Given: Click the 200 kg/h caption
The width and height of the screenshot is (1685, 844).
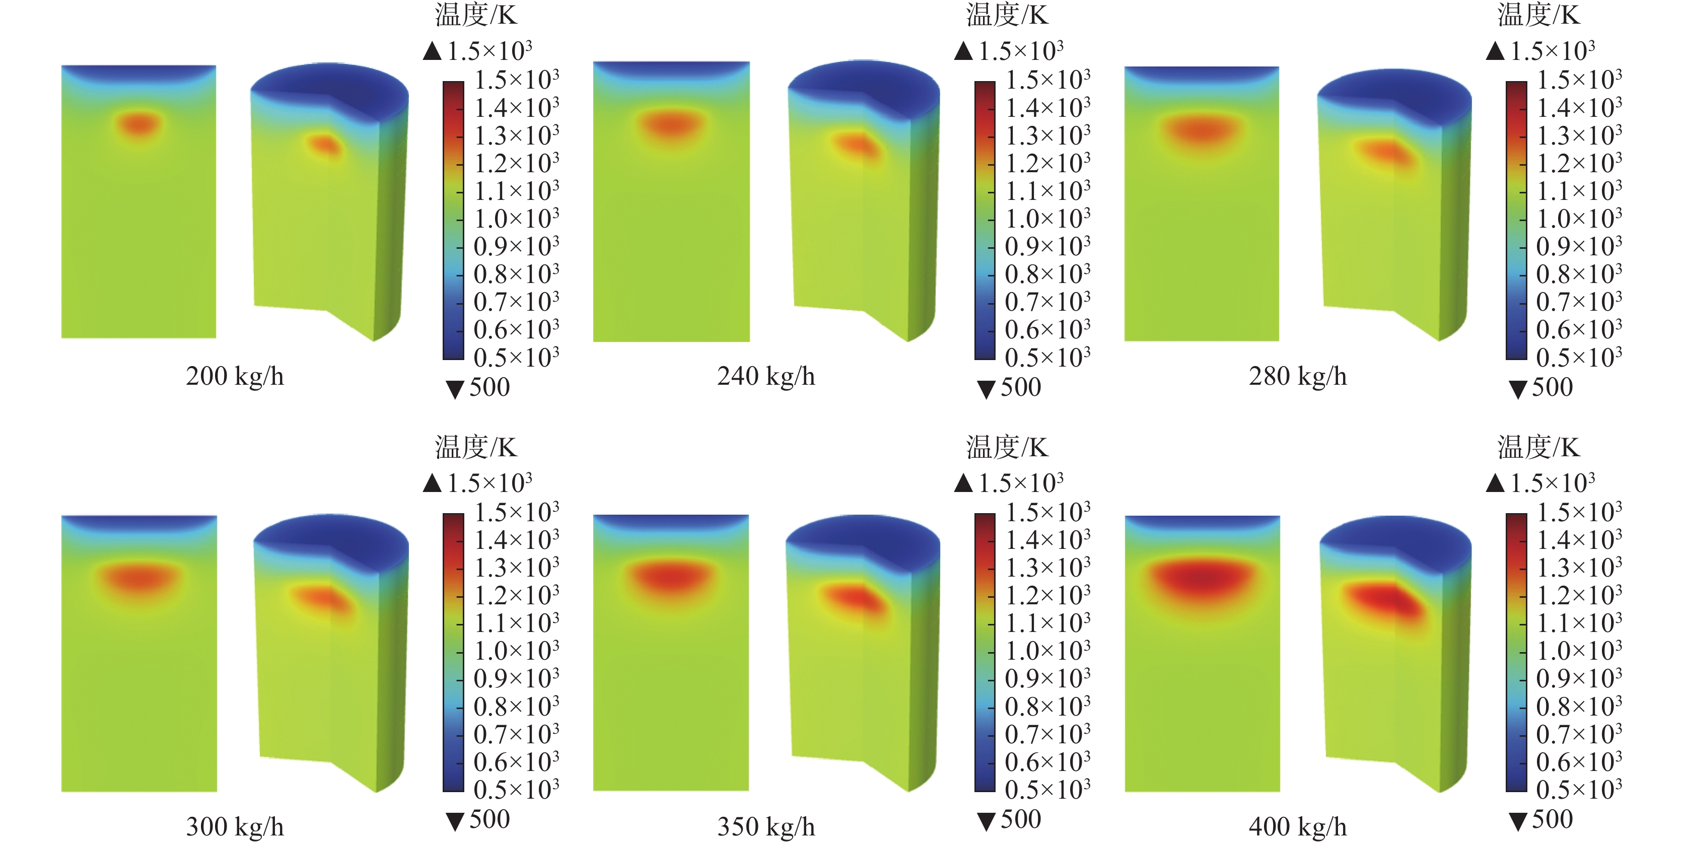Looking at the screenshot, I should coord(235,376).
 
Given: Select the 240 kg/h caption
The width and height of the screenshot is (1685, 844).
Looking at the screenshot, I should coord(766,376).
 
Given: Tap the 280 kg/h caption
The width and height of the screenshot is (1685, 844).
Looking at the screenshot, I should coord(1298,376).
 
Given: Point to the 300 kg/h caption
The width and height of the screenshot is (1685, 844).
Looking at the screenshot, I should coord(235,827).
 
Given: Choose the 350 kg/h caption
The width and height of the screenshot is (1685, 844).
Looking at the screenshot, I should coord(766,827).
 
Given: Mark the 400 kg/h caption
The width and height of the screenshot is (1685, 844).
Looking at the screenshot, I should coord(1298,827).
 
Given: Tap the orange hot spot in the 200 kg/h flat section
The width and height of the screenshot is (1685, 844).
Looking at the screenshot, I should coord(138,123).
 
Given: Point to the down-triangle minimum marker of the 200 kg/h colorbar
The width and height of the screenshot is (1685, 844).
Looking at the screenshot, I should coord(455,389).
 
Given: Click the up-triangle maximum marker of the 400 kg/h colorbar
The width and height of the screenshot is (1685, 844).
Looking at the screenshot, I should coord(1495,483).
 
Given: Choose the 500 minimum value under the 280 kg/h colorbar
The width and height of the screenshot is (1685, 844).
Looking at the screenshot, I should coord(1552,387).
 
